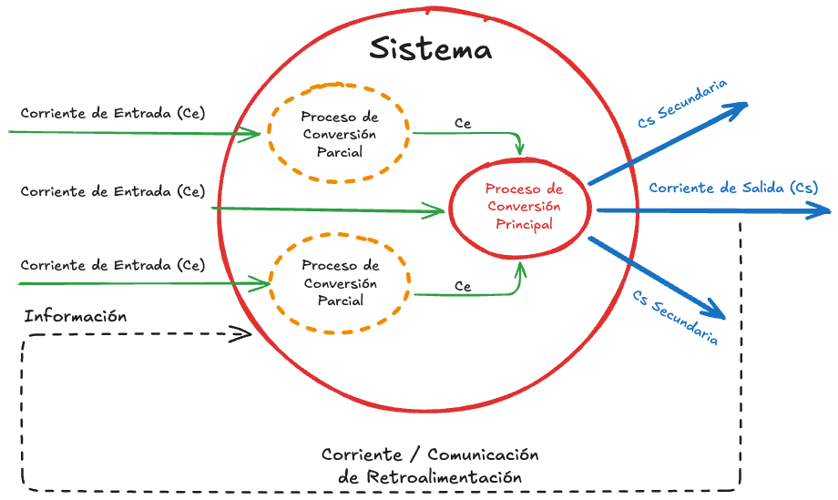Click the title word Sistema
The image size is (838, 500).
[430, 48]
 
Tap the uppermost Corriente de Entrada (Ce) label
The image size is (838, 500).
[113, 113]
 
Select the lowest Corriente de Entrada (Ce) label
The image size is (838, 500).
[113, 265]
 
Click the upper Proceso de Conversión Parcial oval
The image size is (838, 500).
[339, 135]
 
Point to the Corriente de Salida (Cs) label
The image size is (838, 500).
[732, 188]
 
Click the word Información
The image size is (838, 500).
[75, 316]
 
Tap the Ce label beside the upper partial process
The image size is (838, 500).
[463, 123]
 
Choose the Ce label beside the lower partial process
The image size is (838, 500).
[463, 286]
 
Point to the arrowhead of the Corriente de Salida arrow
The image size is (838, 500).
[823, 210]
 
